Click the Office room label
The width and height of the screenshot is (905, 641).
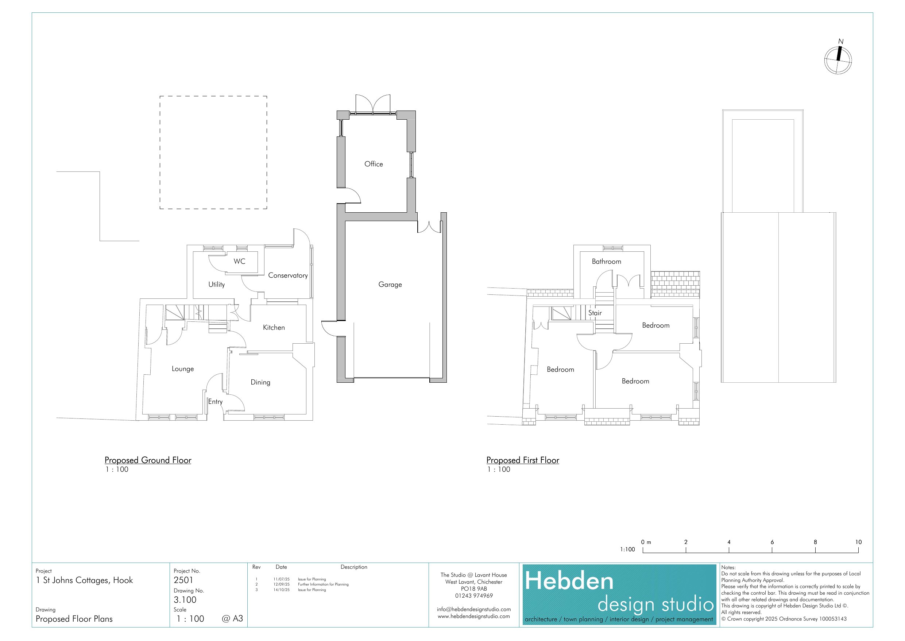[374, 164]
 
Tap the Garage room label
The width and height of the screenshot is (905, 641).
[390, 285]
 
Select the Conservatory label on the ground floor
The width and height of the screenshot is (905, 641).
[288, 275]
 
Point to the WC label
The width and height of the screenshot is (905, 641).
[239, 261]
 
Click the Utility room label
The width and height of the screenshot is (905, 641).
[216, 285]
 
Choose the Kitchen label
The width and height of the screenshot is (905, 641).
[274, 327]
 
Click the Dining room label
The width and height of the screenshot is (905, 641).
[260, 382]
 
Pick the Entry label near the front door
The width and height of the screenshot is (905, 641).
[216, 402]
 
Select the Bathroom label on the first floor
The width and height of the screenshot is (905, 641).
[606, 261]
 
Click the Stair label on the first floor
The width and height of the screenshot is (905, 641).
[595, 313]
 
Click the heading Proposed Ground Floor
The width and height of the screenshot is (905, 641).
[148, 460]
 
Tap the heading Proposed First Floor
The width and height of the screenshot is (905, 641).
[523, 460]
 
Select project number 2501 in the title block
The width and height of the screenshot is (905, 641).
[183, 580]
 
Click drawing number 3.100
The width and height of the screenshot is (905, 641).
[185, 600]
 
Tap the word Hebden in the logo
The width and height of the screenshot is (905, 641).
[569, 582]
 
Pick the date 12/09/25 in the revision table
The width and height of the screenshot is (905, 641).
[281, 584]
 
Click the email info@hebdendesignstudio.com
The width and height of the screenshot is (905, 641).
[473, 609]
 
